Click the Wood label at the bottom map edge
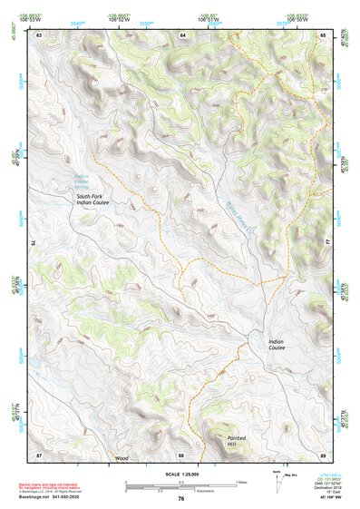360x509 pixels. tap(122, 458)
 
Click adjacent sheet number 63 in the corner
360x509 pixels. tap(39, 34)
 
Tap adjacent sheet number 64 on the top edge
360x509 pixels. tap(181, 34)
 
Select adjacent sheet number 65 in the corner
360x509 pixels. tap(324, 34)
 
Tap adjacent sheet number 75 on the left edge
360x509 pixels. tap(34, 243)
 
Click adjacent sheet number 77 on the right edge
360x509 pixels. tap(328, 243)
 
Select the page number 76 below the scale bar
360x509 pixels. tap(181, 498)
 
